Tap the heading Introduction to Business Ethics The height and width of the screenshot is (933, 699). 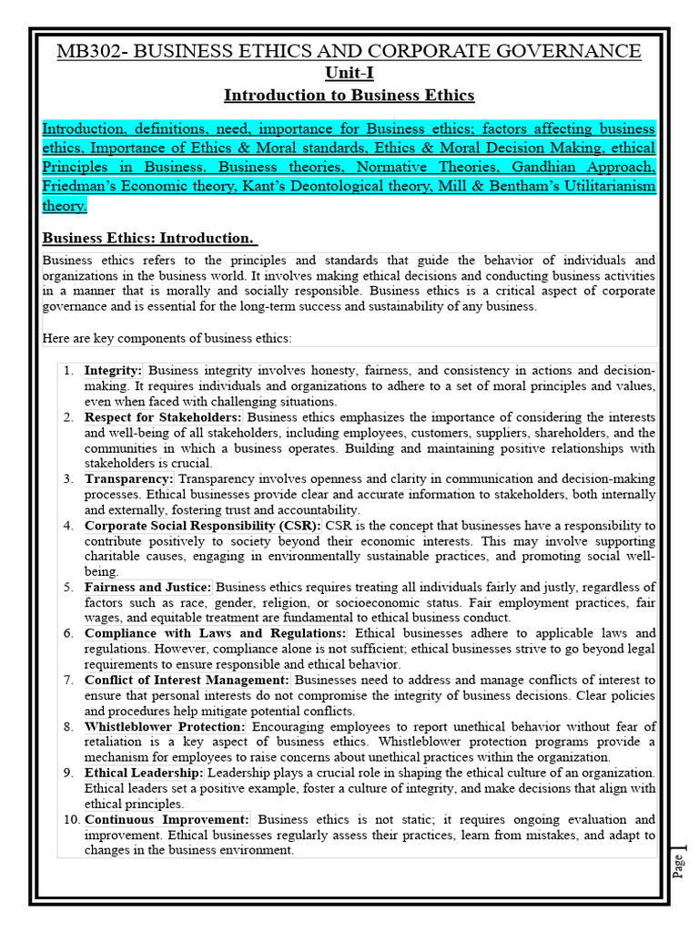[x=349, y=95]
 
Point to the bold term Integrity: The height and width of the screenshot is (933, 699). [x=114, y=371]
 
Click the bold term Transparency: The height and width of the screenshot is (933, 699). [x=129, y=478]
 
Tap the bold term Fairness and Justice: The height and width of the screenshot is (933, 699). [x=148, y=588]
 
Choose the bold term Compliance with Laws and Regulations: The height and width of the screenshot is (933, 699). [x=216, y=633]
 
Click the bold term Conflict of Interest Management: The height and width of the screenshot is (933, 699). [x=187, y=680]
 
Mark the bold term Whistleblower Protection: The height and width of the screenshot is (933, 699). [x=165, y=726]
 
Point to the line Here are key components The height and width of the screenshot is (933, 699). [x=167, y=339]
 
